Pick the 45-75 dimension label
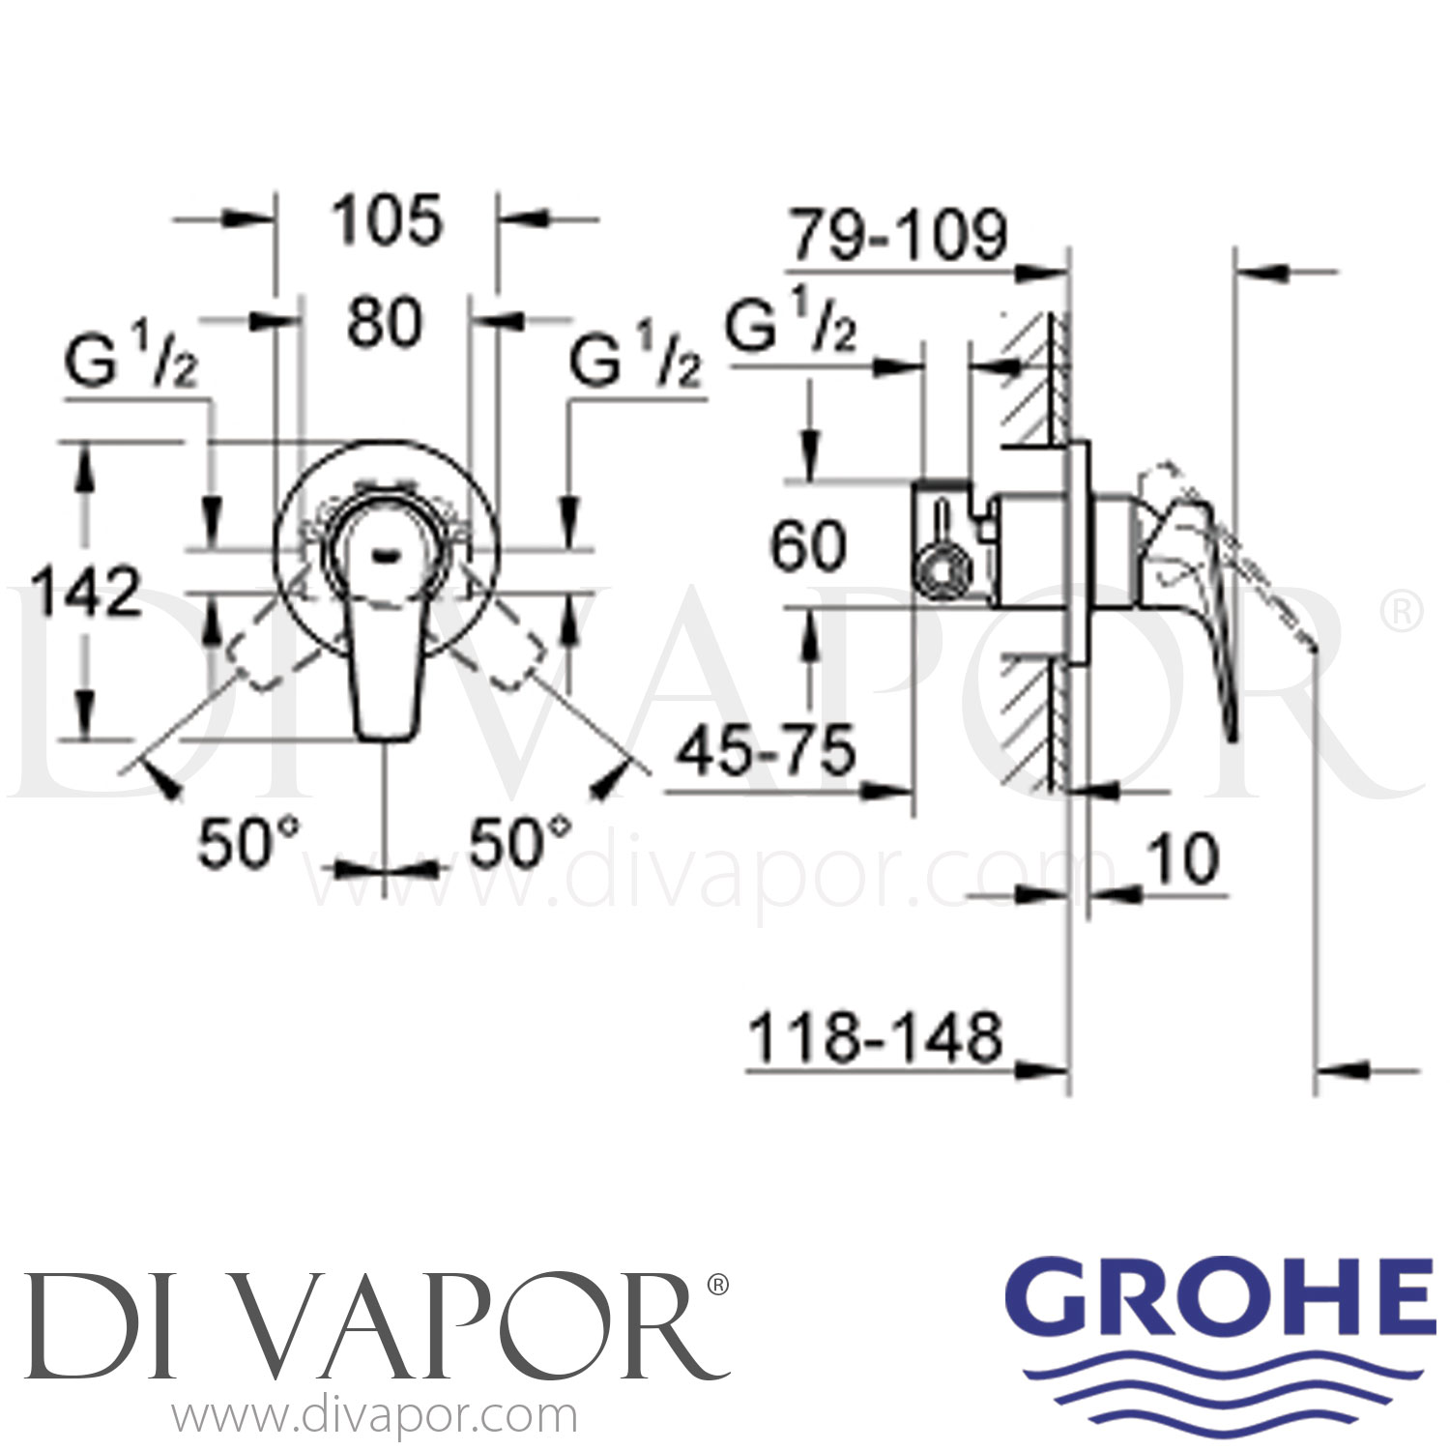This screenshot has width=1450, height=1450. tap(767, 750)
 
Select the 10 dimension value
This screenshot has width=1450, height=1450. tap(1183, 858)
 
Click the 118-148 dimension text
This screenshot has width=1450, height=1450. tap(876, 1038)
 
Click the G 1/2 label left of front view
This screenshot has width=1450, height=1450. tap(132, 362)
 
